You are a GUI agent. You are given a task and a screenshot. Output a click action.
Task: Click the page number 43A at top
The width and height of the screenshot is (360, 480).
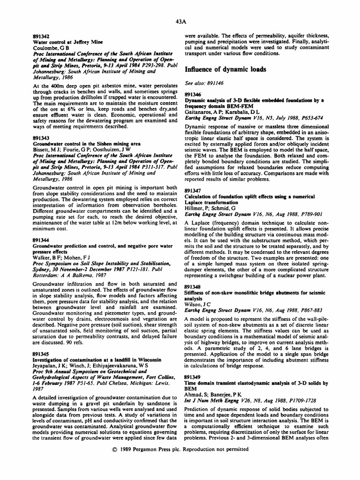coord(181,22)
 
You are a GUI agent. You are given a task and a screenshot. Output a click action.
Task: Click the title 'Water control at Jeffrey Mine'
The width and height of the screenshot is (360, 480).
coord(64,42)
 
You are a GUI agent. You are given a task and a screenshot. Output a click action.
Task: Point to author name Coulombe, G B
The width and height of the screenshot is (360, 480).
coord(52,47)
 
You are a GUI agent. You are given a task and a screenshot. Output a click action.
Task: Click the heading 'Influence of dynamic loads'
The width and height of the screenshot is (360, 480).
coord(225,69)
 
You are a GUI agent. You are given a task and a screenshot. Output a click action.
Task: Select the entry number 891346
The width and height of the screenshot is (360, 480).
coord(193,95)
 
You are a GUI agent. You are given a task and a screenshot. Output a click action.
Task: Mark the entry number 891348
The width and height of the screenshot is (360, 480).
coord(193,286)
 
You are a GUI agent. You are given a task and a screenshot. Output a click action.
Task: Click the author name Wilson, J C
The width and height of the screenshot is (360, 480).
coord(200,303)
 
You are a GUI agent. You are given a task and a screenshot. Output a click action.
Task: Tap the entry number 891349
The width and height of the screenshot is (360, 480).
coord(193,376)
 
